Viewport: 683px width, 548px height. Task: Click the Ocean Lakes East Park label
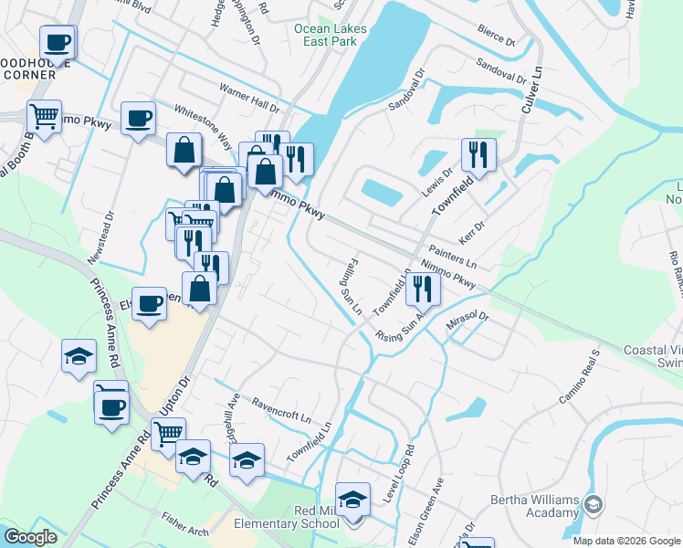pyautogui.click(x=331, y=35)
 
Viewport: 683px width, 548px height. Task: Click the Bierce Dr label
pyautogui.click(x=497, y=37)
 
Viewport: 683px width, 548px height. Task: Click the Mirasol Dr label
pyautogui.click(x=468, y=326)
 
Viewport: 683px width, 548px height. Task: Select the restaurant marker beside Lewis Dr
pyautogui.click(x=478, y=155)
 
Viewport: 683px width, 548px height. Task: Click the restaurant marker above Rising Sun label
pyautogui.click(x=423, y=289)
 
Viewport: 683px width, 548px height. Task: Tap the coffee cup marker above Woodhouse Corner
pyautogui.click(x=58, y=41)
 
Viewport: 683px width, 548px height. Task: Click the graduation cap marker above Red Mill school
pyautogui.click(x=352, y=499)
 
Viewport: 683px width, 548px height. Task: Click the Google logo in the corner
pyautogui.click(x=30, y=537)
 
